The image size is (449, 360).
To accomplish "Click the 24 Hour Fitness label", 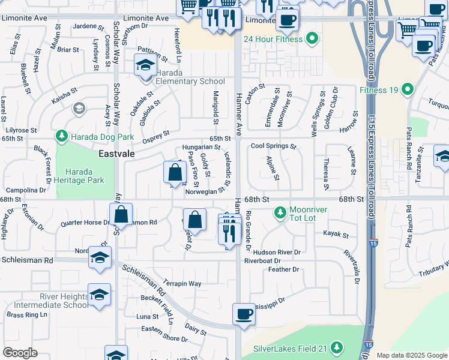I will click(273, 40).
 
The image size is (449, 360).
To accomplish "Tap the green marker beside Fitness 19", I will click(408, 91).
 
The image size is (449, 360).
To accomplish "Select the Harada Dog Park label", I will click(101, 136).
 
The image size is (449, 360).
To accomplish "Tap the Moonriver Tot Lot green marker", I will click(279, 212).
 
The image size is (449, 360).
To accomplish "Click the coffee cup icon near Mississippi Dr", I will click(244, 314).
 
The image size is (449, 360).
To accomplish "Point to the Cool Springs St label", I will click(274, 146).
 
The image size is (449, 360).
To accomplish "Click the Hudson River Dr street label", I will click(277, 252).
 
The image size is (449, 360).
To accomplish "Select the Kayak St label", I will click(336, 233).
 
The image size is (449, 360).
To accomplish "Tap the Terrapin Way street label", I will click(182, 283).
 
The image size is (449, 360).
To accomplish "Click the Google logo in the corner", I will click(20, 353).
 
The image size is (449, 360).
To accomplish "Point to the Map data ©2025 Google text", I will click(411, 355).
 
